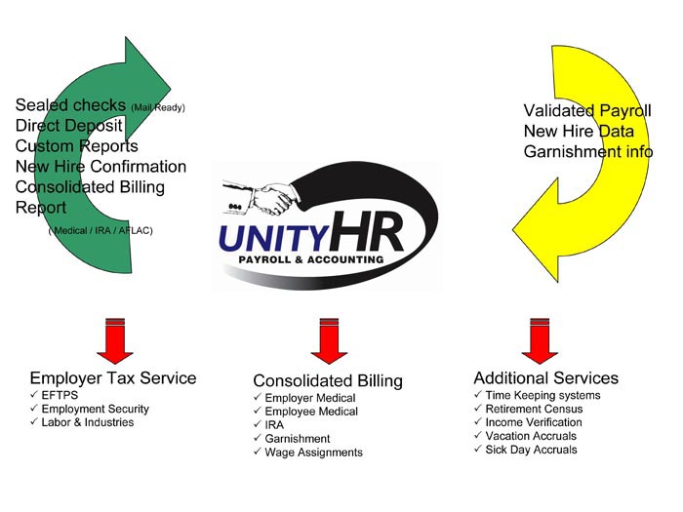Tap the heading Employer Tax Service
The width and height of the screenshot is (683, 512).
(x=113, y=377)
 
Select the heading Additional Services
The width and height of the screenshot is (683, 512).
(x=545, y=377)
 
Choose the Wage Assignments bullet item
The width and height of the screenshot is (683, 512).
(x=313, y=453)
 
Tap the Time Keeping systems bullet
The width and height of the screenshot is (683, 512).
(x=542, y=395)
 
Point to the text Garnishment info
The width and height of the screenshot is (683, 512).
(x=587, y=151)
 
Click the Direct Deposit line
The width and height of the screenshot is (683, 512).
(x=69, y=125)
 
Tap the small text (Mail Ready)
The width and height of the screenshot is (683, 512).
(x=157, y=107)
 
